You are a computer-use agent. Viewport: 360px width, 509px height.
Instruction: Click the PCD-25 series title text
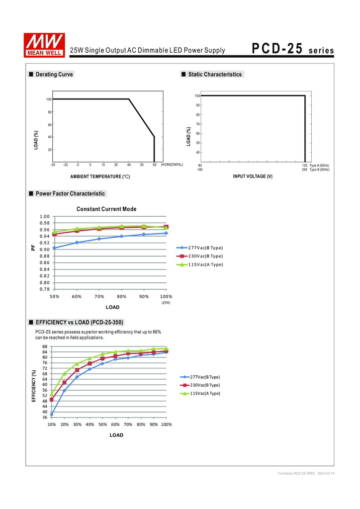click(x=293, y=49)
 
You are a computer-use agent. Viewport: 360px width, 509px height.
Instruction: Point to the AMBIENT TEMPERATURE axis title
click(x=100, y=176)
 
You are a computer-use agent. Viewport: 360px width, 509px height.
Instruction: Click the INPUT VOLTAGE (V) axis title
click(x=253, y=176)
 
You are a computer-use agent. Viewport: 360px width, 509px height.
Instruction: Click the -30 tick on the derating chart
click(x=52, y=165)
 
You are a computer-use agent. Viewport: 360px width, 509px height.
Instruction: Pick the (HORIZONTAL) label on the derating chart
click(x=172, y=165)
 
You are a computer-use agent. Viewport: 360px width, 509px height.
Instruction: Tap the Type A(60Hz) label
click(x=319, y=165)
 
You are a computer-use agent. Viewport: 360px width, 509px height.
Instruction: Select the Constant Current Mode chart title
click(x=106, y=209)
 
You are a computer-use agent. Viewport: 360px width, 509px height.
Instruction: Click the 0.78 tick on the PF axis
click(x=45, y=289)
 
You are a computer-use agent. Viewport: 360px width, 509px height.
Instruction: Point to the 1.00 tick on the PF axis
click(x=45, y=216)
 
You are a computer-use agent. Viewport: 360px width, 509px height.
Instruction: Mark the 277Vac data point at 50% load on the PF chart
click(x=54, y=248)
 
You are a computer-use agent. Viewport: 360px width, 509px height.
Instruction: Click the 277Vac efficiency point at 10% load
click(x=52, y=414)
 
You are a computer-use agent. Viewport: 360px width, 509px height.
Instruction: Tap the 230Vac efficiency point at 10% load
click(x=52, y=399)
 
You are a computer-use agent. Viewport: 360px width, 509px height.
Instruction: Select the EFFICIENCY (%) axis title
click(x=34, y=386)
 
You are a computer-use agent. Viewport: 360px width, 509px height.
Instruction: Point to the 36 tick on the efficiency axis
click(x=45, y=417)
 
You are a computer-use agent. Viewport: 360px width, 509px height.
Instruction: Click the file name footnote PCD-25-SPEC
click(x=296, y=473)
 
